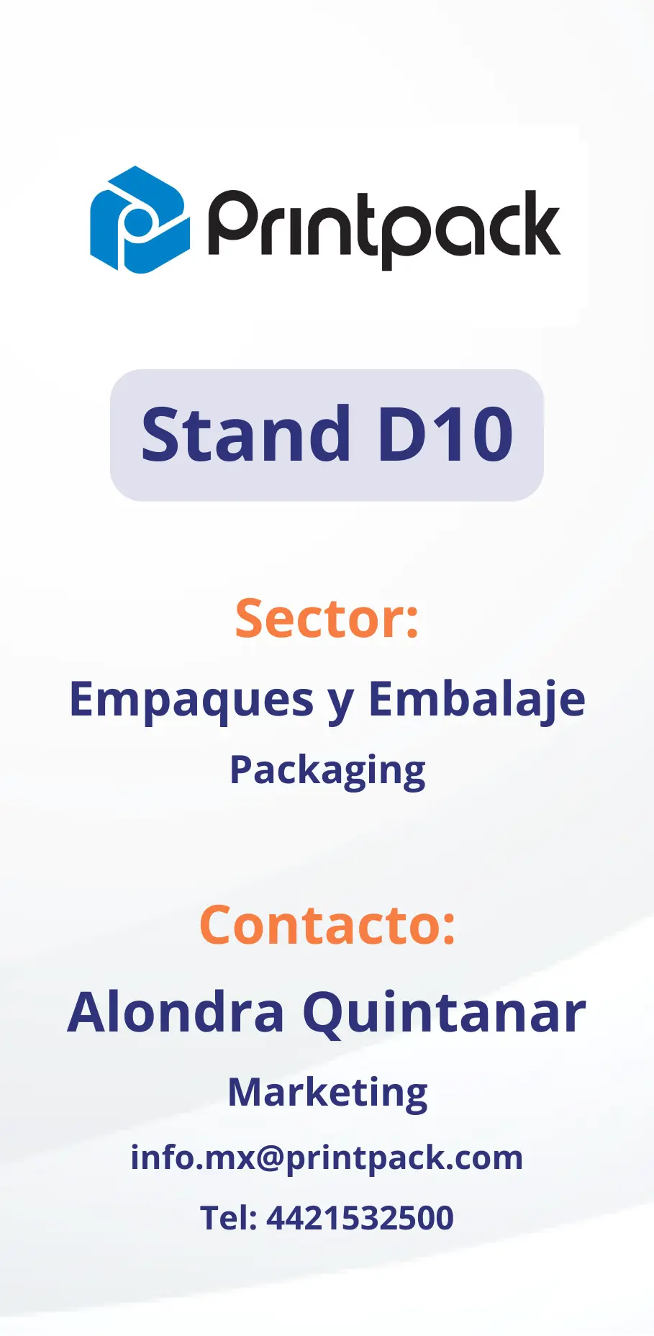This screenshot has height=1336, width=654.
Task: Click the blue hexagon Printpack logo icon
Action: click(x=140, y=220)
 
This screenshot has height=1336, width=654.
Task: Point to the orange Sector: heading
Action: click(x=327, y=618)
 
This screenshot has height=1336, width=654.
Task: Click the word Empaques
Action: click(x=191, y=700)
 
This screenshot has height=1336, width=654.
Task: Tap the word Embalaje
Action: click(x=477, y=699)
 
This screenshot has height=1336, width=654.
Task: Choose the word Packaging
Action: click(x=327, y=772)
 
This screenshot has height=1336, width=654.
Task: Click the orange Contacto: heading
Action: click(x=327, y=925)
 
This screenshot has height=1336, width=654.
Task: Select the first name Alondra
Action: click(x=176, y=1011)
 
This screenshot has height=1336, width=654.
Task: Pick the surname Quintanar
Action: click(x=444, y=1014)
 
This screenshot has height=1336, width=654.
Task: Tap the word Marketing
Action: click(x=327, y=1093)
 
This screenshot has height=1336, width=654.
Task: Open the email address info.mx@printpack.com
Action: click(x=327, y=1158)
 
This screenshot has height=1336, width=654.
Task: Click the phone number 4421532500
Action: click(x=360, y=1218)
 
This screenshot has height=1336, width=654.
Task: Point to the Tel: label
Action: click(x=229, y=1218)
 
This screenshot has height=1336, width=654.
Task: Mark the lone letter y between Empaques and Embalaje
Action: click(x=341, y=703)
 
